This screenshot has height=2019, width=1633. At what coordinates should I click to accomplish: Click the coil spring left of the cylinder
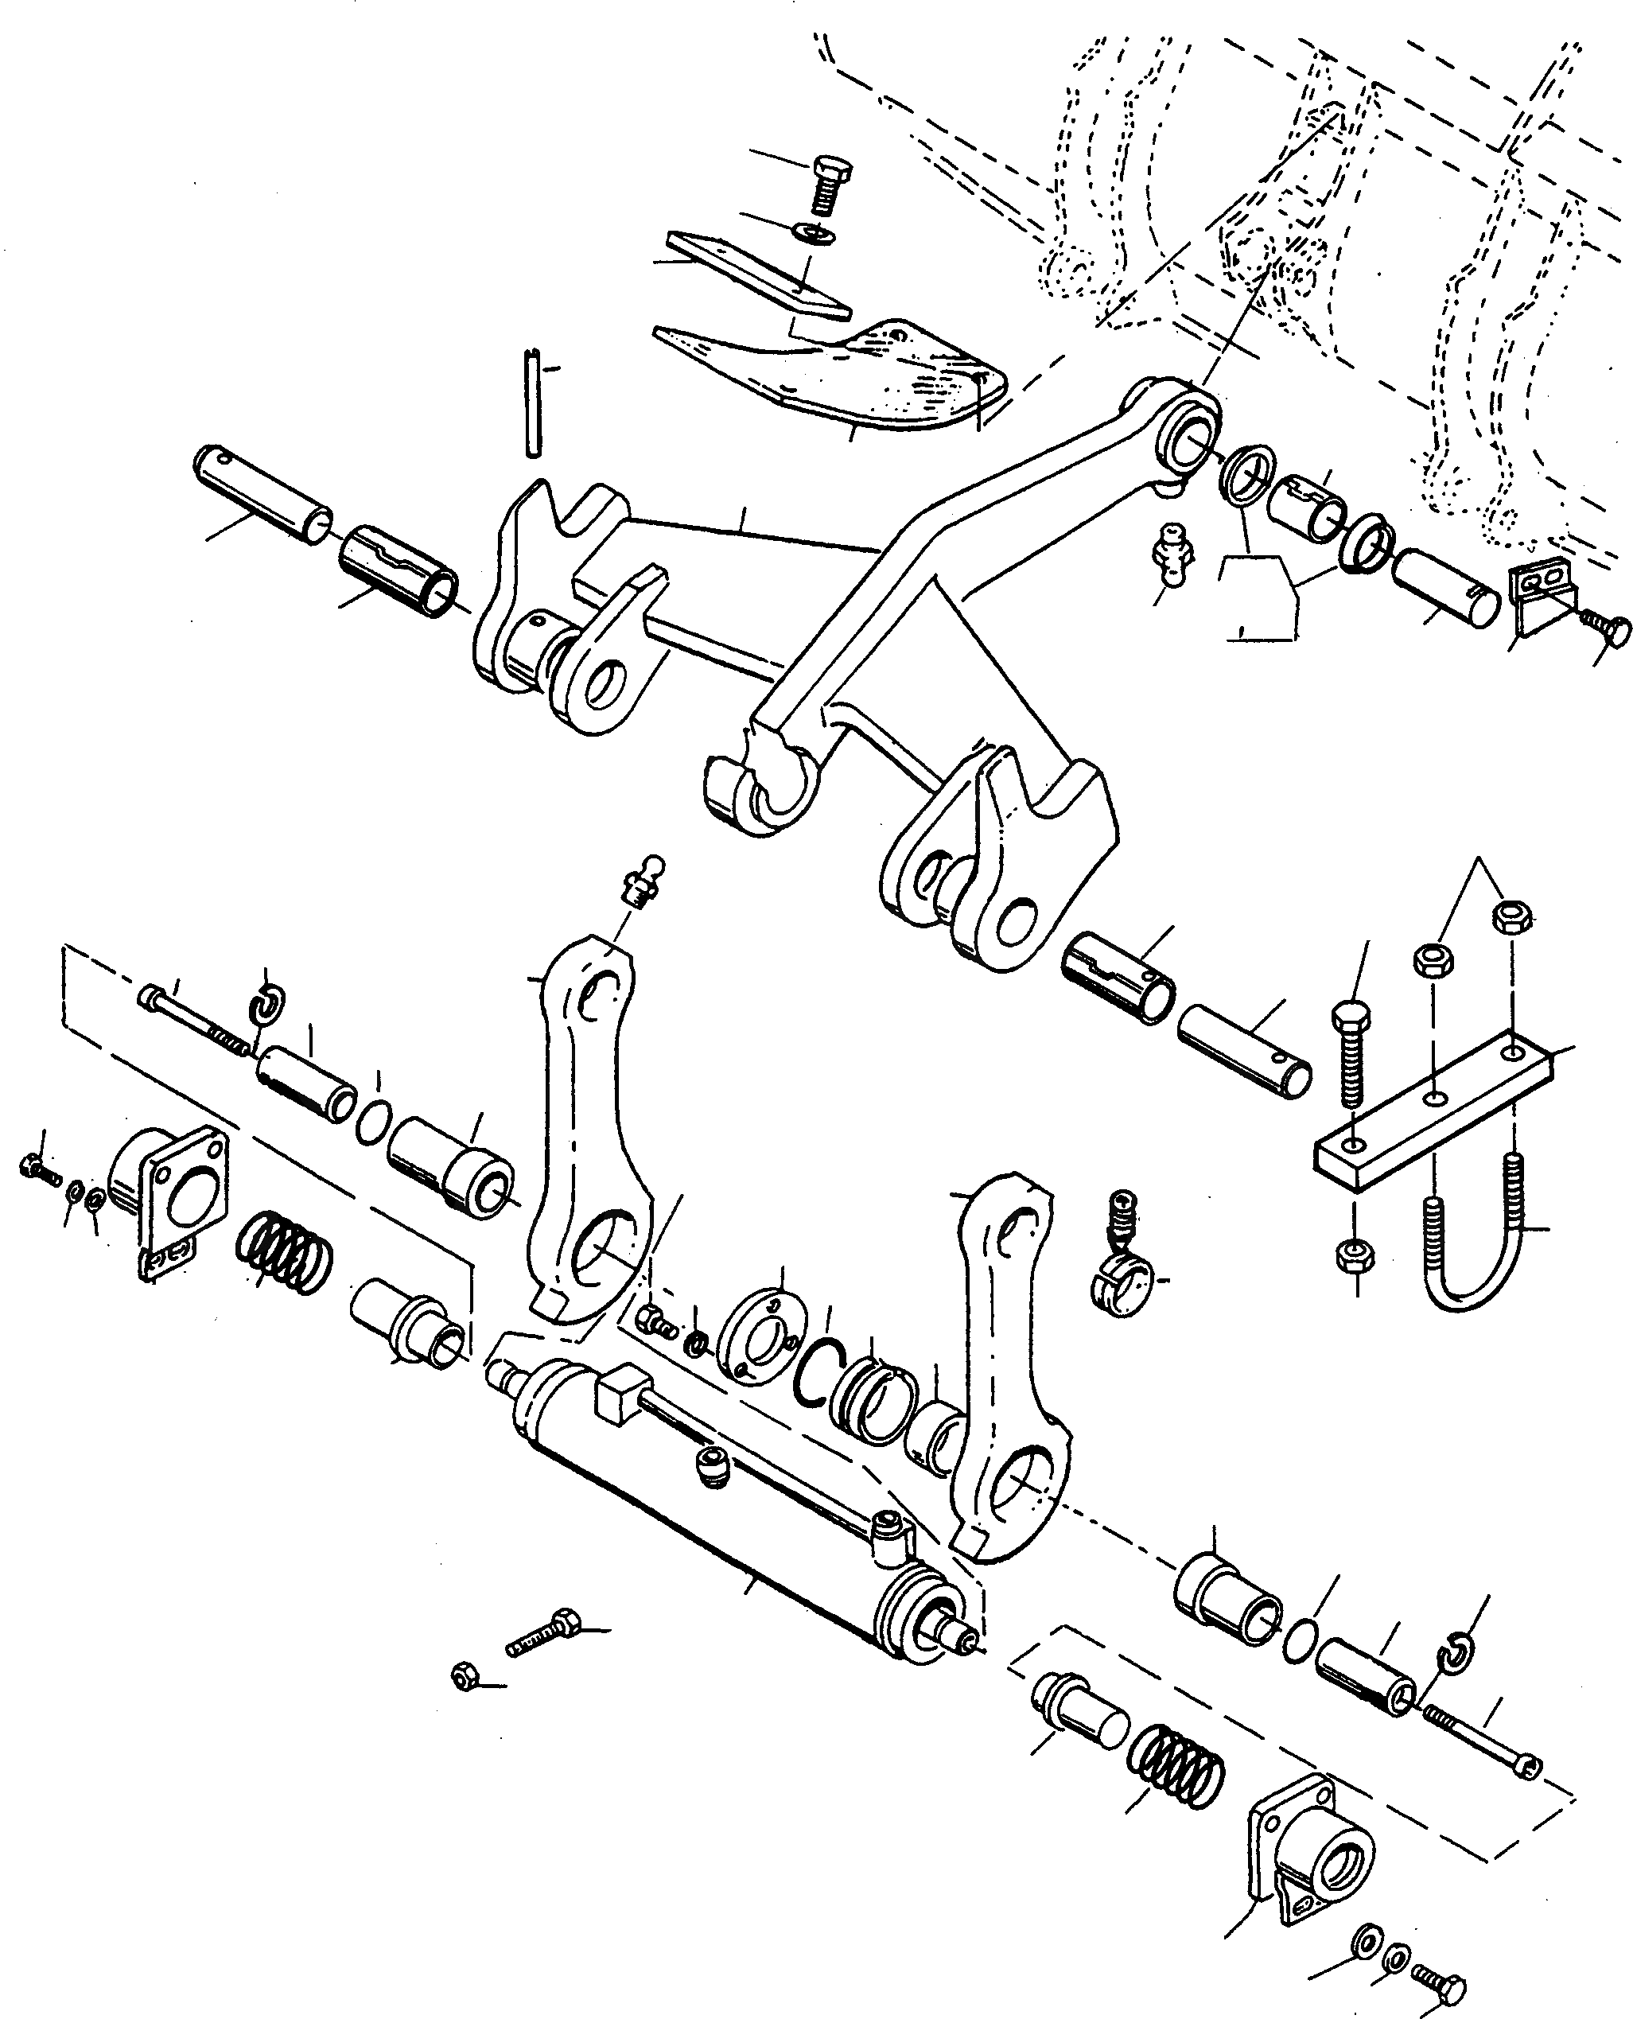282,1251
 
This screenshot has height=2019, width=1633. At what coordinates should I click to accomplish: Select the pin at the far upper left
262,493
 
